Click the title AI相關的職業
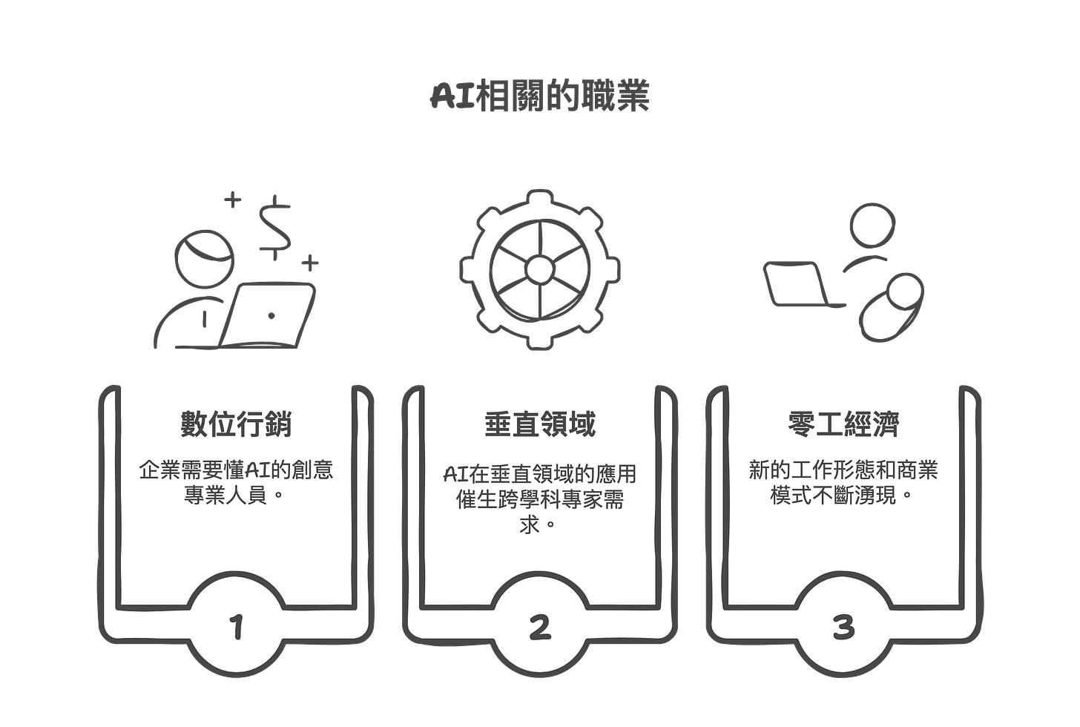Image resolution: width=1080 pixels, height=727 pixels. click(x=540, y=97)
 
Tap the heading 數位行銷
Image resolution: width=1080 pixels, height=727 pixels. click(x=236, y=424)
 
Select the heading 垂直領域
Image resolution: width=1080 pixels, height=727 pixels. click(x=540, y=424)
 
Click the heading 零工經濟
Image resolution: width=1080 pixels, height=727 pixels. click(x=843, y=424)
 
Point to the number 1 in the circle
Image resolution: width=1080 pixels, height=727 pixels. click(x=237, y=628)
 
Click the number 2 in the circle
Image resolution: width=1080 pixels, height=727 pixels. click(x=540, y=628)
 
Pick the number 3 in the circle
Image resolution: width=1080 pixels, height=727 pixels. click(x=843, y=628)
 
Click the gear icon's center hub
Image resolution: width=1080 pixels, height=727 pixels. click(x=540, y=269)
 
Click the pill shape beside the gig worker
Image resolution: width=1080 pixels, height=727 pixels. click(x=890, y=306)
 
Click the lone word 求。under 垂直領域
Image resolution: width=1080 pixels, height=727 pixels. click(x=539, y=524)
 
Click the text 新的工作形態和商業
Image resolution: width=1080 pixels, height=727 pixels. click(x=843, y=470)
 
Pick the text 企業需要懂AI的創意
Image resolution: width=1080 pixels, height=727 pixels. click(x=236, y=470)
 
